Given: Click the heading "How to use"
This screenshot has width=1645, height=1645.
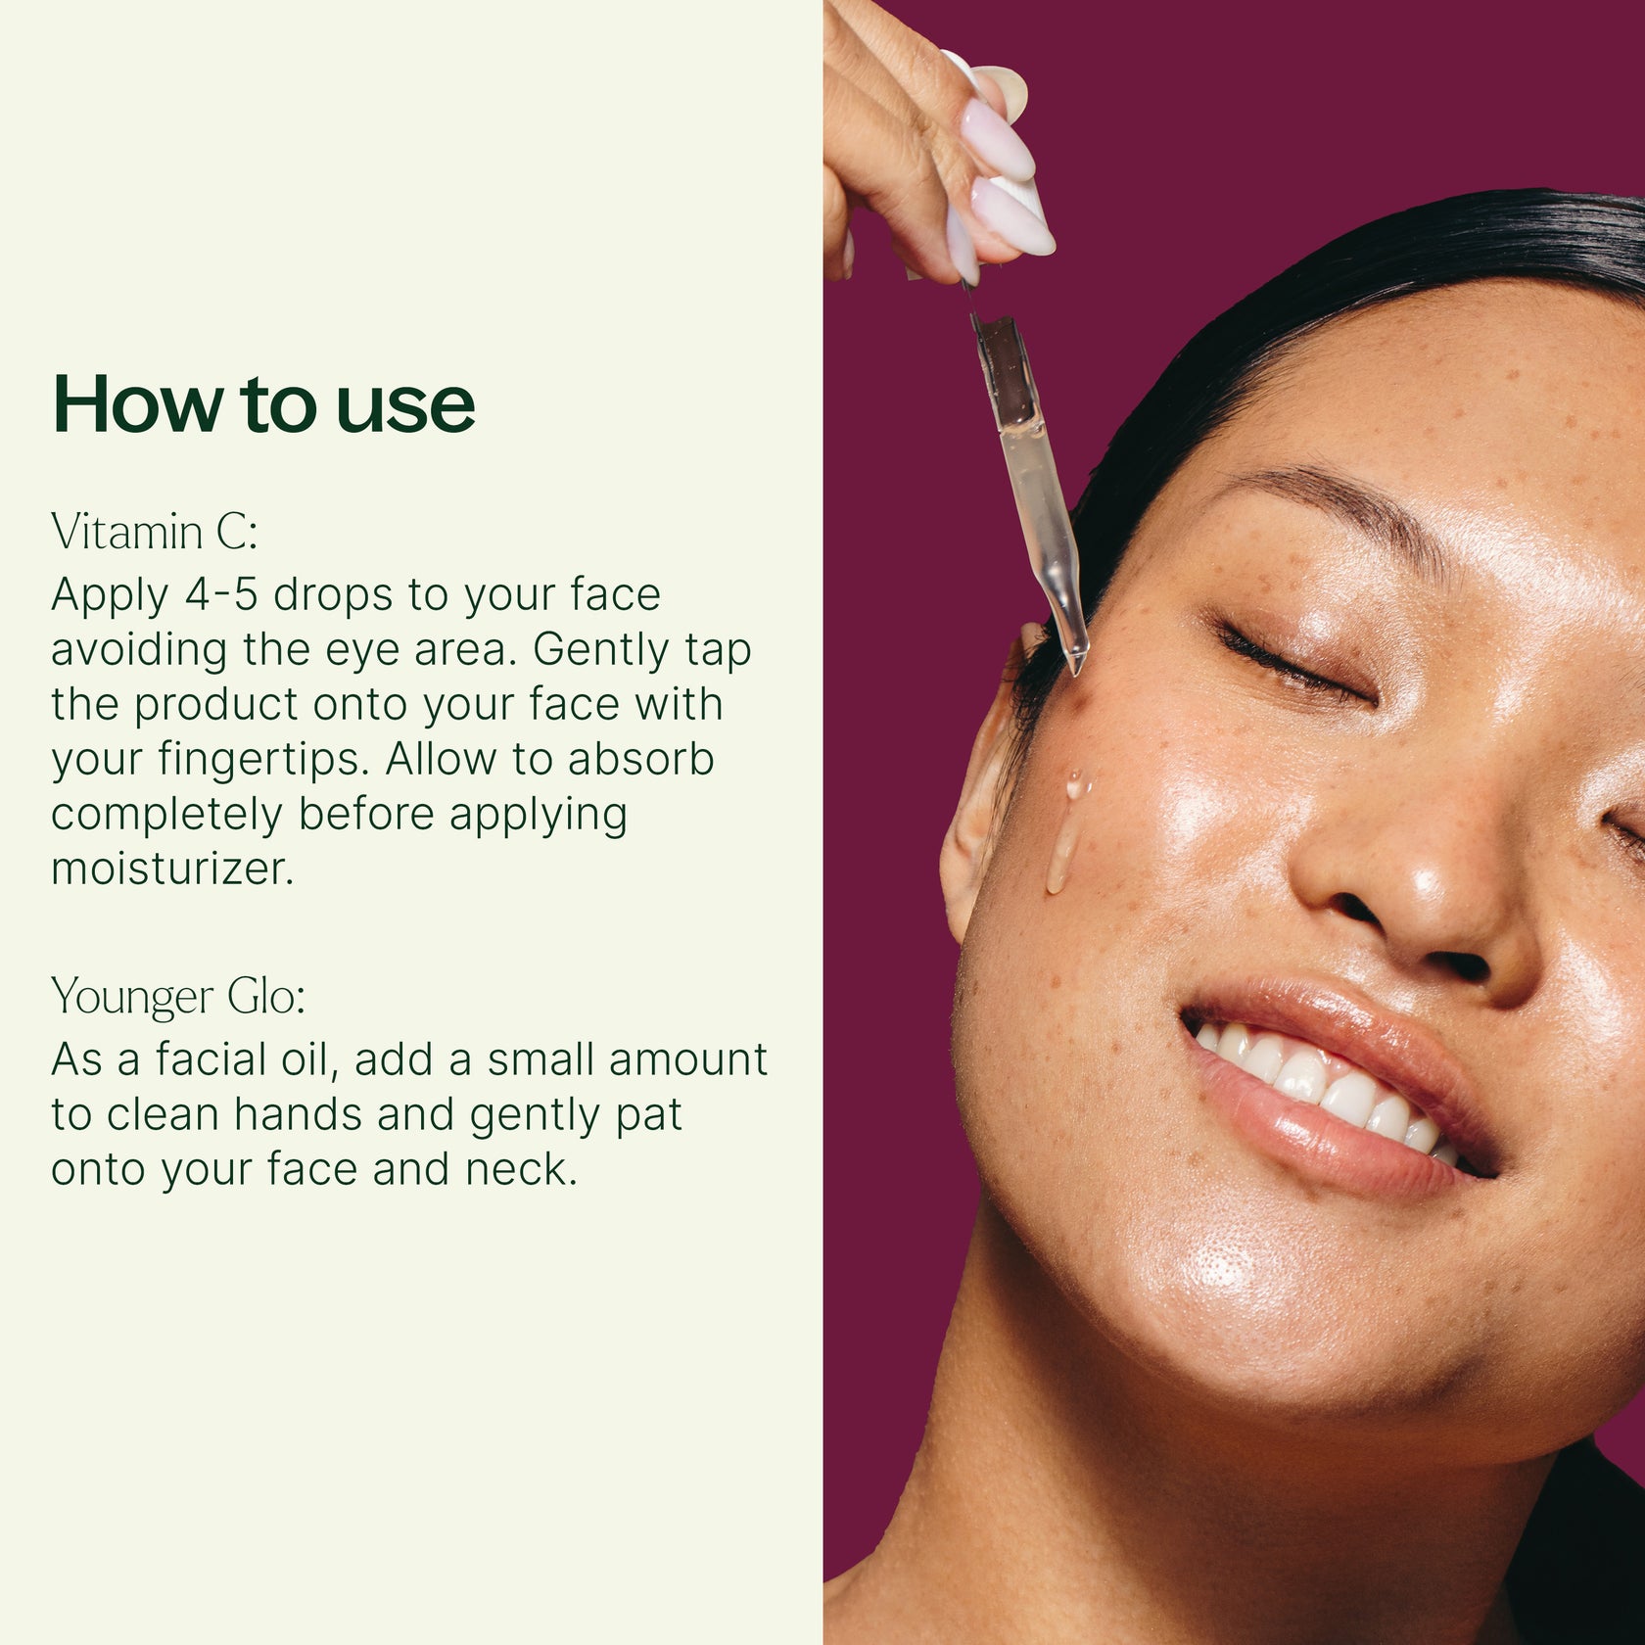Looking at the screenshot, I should pos(263,403).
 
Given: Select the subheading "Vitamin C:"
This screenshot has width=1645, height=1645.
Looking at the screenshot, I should pos(154,533).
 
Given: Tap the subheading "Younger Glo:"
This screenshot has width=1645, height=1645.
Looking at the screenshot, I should pos(178,997).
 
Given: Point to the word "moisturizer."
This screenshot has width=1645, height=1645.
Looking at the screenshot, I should pos(172,869).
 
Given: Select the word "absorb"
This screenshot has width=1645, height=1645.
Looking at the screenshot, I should pos(641,759).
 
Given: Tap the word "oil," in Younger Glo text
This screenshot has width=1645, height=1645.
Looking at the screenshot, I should pos(304,1059).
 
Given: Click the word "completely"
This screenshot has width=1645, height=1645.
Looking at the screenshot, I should pos(166,815).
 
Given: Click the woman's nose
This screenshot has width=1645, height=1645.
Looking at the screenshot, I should pos(1410,881).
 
